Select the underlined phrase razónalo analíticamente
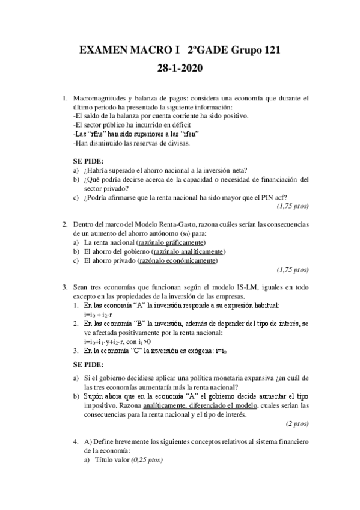[x=189, y=251]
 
